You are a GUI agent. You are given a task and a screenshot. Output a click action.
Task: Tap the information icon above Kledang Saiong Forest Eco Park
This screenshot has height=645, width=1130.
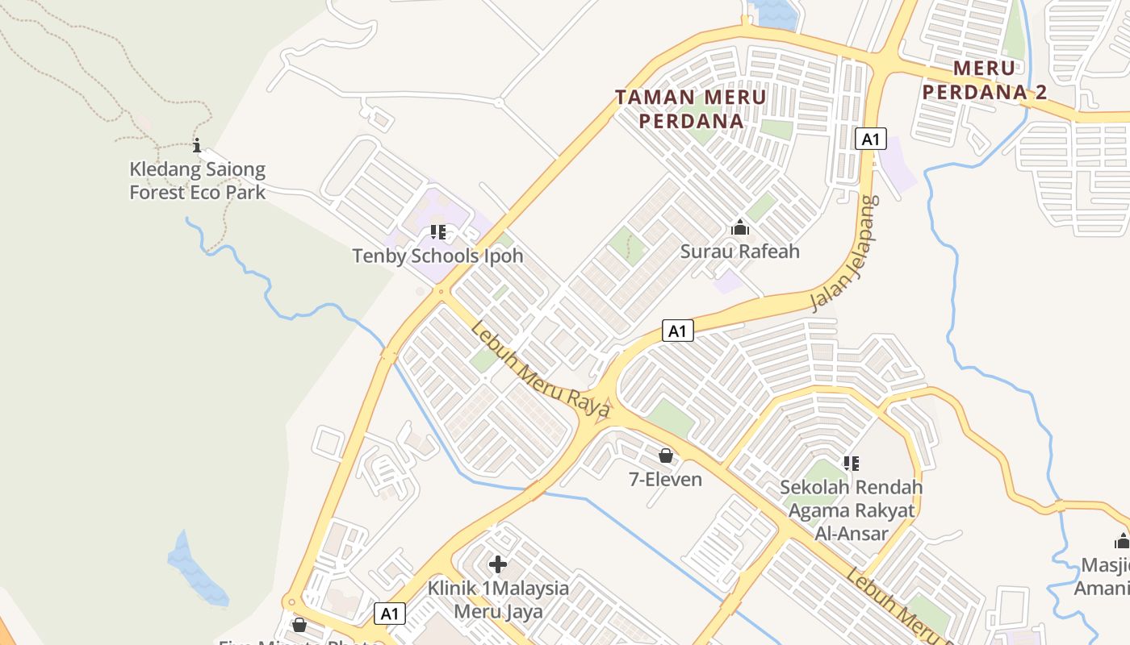(x=197, y=146)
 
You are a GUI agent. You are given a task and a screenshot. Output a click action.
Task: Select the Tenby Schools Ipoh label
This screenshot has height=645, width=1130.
(x=437, y=256)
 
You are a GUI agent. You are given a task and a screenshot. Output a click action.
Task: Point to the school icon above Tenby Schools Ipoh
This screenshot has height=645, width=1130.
(x=438, y=233)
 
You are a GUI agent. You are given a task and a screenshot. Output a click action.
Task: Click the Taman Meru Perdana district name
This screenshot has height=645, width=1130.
(x=691, y=109)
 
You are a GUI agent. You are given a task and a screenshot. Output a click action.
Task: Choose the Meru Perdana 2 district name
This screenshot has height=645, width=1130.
(x=984, y=80)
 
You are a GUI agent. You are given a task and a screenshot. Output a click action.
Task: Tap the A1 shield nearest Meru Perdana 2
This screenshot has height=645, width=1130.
(x=870, y=139)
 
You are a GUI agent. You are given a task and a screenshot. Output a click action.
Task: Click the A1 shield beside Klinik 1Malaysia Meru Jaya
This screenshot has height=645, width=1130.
(x=390, y=614)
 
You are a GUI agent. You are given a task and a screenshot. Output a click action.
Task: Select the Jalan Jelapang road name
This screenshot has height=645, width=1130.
(x=845, y=252)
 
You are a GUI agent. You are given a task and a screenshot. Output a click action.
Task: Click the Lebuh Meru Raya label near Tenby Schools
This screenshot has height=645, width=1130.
(x=541, y=370)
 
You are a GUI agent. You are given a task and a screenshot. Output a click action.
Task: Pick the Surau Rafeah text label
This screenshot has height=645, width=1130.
(x=740, y=252)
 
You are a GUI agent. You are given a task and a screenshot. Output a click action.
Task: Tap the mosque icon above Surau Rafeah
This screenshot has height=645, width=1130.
(x=740, y=228)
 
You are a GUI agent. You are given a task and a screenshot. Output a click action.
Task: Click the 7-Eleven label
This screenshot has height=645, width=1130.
(x=666, y=480)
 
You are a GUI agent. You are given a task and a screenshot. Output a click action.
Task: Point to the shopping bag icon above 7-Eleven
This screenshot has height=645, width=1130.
(x=666, y=456)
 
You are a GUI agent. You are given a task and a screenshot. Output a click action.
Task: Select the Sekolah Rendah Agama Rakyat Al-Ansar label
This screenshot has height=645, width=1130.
(x=851, y=510)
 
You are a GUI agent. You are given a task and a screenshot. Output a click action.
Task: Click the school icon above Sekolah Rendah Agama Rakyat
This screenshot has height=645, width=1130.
(x=851, y=464)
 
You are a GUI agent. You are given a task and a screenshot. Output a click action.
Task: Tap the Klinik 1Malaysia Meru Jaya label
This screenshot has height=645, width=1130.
(x=498, y=600)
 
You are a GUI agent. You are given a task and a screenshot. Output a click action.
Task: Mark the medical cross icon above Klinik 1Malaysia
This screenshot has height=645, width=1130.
(x=498, y=564)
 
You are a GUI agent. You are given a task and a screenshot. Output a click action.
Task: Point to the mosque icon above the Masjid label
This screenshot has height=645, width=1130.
(x=1122, y=540)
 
